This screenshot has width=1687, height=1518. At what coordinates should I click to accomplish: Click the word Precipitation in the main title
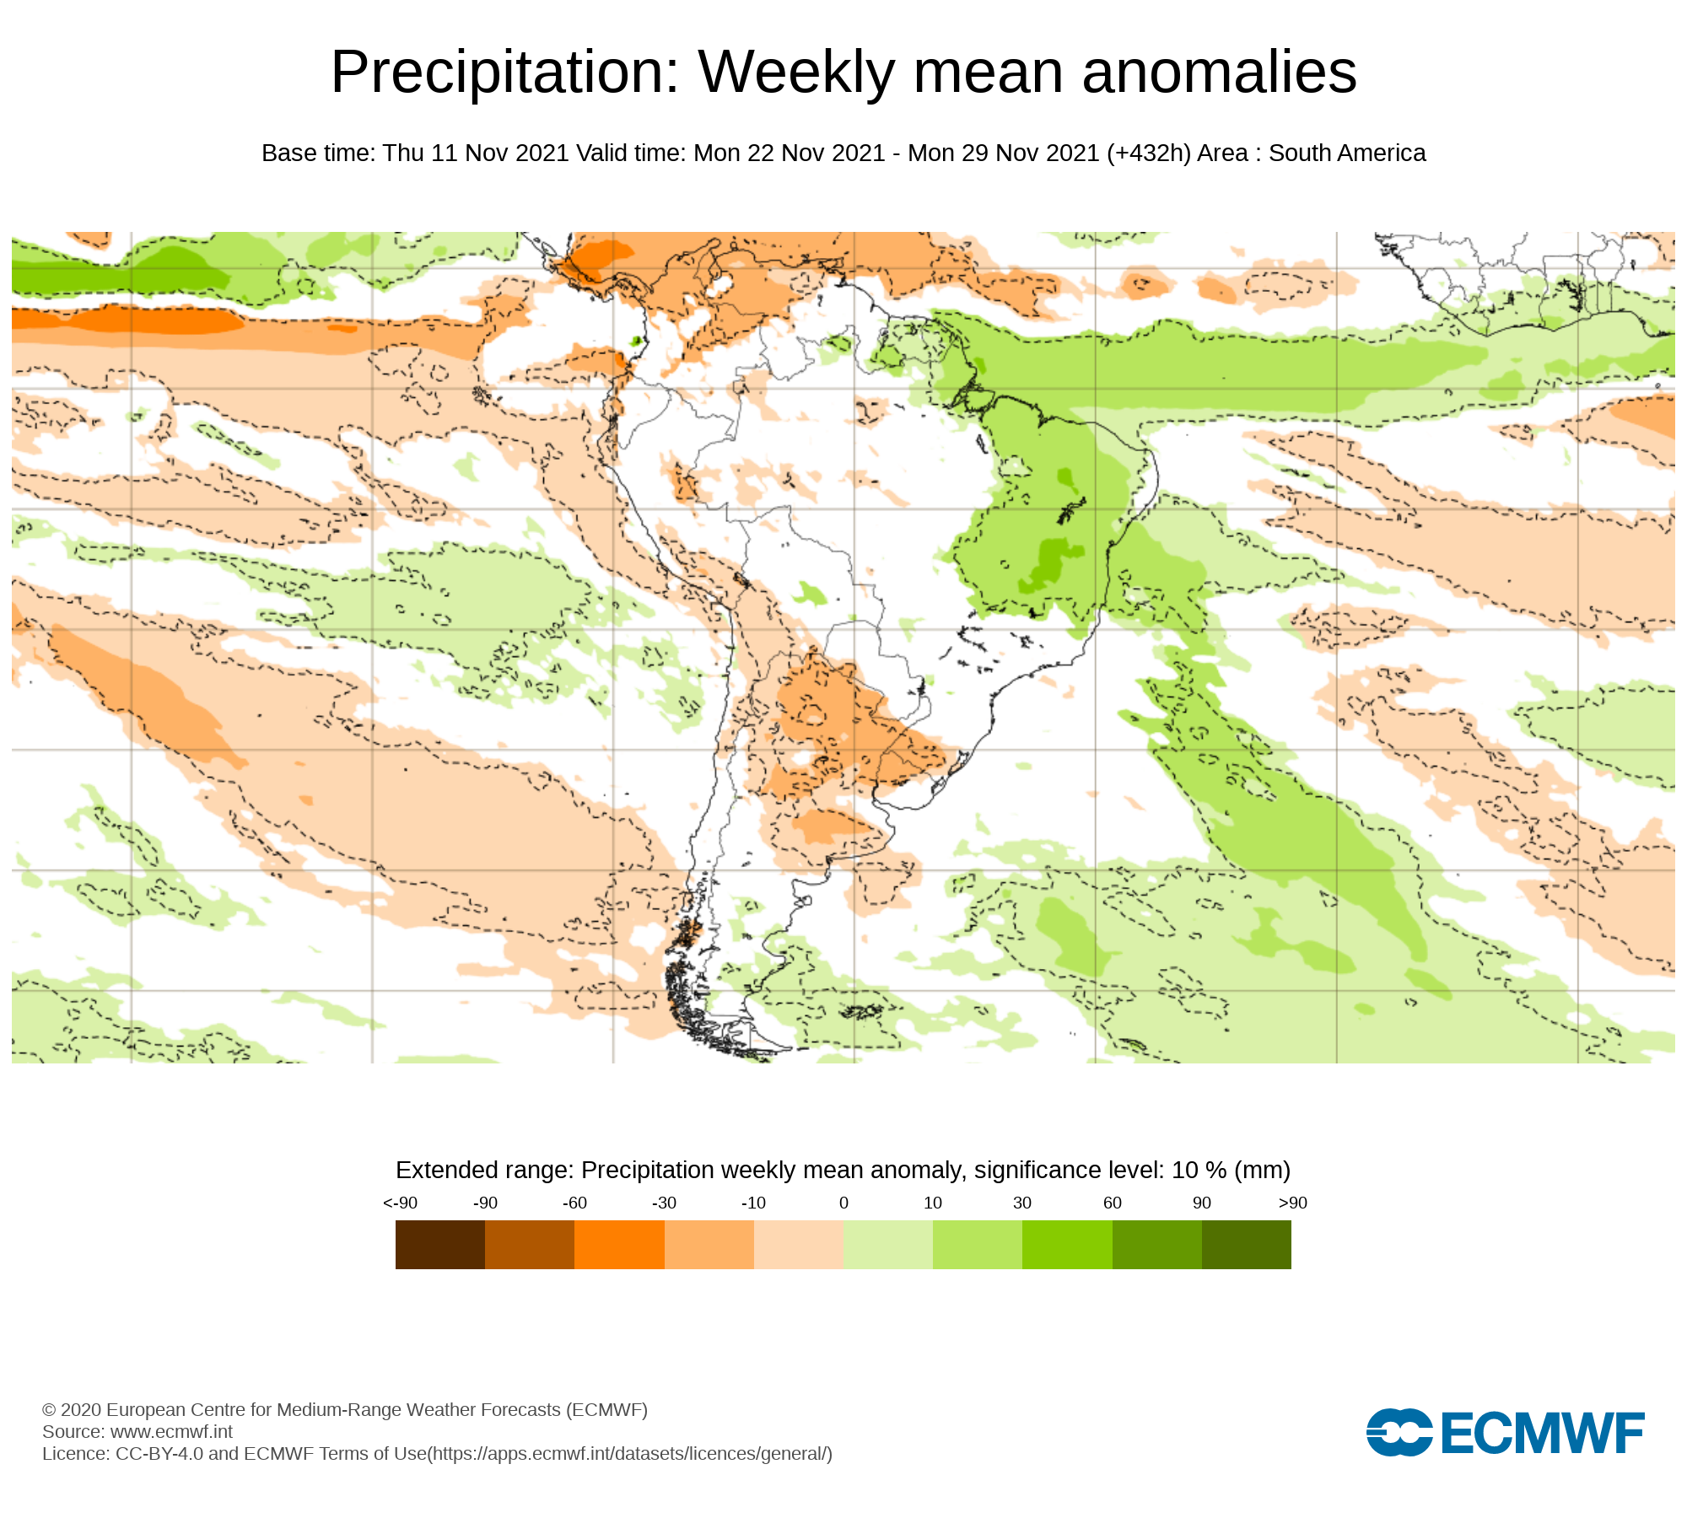pyautogui.click(x=504, y=73)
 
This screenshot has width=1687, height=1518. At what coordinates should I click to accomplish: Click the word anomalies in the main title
pyautogui.click(x=1219, y=73)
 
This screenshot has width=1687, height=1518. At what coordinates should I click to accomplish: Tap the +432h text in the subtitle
pyautogui.click(x=1149, y=153)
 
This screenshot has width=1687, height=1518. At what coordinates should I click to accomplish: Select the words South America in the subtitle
pyautogui.click(x=1347, y=153)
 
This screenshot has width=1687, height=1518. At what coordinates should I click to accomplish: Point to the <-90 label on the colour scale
pyautogui.click(x=400, y=1203)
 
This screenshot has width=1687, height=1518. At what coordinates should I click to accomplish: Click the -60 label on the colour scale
pyautogui.click(x=574, y=1203)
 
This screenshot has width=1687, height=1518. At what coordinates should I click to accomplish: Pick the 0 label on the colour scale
pyautogui.click(x=843, y=1203)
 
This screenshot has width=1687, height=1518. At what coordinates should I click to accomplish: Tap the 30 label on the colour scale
pyautogui.click(x=1022, y=1203)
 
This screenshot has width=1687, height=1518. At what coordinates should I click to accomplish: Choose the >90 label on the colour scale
pyautogui.click(x=1292, y=1203)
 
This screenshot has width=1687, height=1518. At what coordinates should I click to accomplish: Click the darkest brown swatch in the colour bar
pyautogui.click(x=440, y=1245)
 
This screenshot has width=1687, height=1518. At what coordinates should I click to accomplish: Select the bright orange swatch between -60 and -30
pyautogui.click(x=619, y=1245)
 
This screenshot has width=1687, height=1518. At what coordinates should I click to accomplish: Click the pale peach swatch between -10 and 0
pyautogui.click(x=799, y=1245)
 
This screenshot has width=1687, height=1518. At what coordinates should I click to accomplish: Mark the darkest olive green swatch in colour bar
pyautogui.click(x=1247, y=1245)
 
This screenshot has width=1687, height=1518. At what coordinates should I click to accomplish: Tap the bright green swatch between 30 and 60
pyautogui.click(x=1067, y=1245)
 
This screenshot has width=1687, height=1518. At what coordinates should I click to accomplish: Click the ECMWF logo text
pyautogui.click(x=1542, y=1434)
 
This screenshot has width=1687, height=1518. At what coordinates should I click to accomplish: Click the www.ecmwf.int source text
pyautogui.click(x=171, y=1432)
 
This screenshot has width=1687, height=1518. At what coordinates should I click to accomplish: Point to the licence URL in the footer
pyautogui.click(x=629, y=1454)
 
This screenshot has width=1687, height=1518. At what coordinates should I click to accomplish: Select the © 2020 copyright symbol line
pyautogui.click(x=344, y=1410)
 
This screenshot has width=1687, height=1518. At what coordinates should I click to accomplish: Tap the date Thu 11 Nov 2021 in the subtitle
pyautogui.click(x=476, y=153)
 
